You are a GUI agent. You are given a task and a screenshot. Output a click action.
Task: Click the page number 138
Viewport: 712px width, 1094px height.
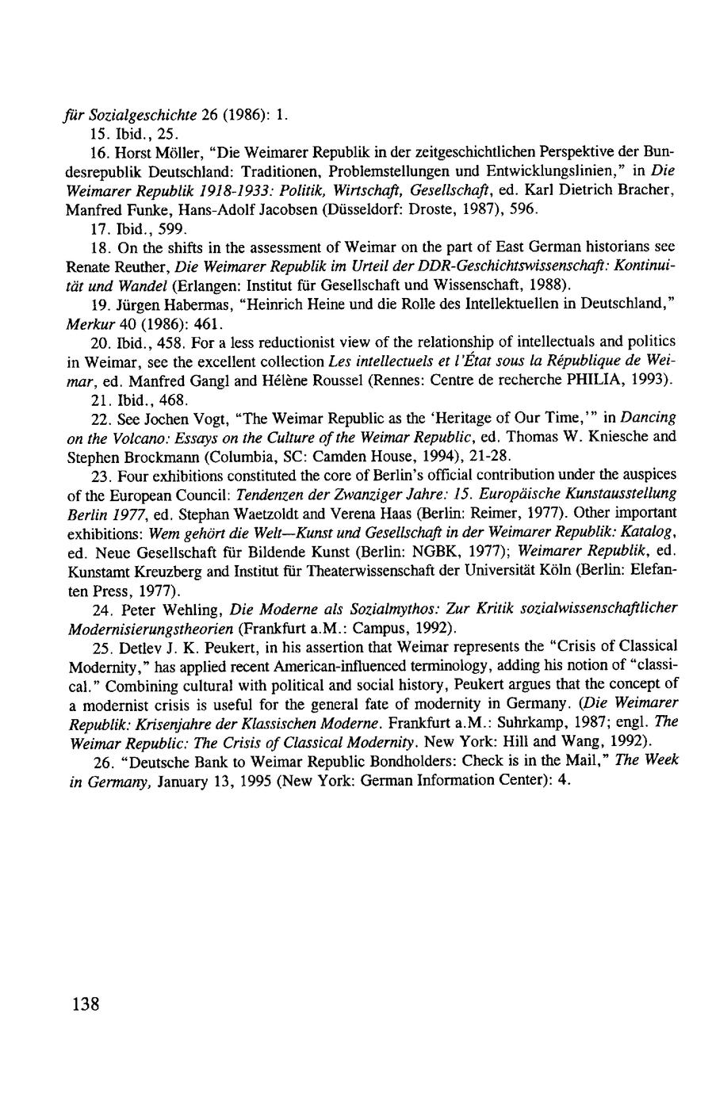click(85, 1004)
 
